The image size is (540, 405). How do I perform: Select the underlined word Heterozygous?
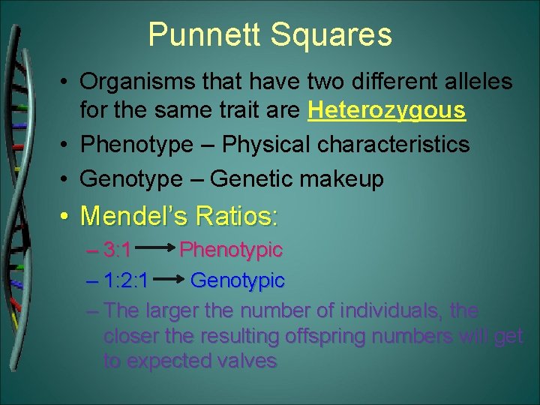pyautogui.click(x=387, y=111)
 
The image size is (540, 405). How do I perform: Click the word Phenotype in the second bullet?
pyautogui.click(x=136, y=145)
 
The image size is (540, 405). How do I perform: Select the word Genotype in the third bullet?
pyautogui.click(x=130, y=179)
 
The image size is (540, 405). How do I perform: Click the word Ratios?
pyautogui.click(x=235, y=217)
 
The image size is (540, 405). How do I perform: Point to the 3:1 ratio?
pyautogui.click(x=118, y=249)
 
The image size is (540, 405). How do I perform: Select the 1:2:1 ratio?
pyautogui.click(x=128, y=280)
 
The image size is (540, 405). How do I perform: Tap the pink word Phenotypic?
pyautogui.click(x=231, y=249)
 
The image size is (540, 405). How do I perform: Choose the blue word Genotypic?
pyautogui.click(x=238, y=280)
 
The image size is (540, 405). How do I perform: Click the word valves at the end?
pyautogui.click(x=247, y=361)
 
